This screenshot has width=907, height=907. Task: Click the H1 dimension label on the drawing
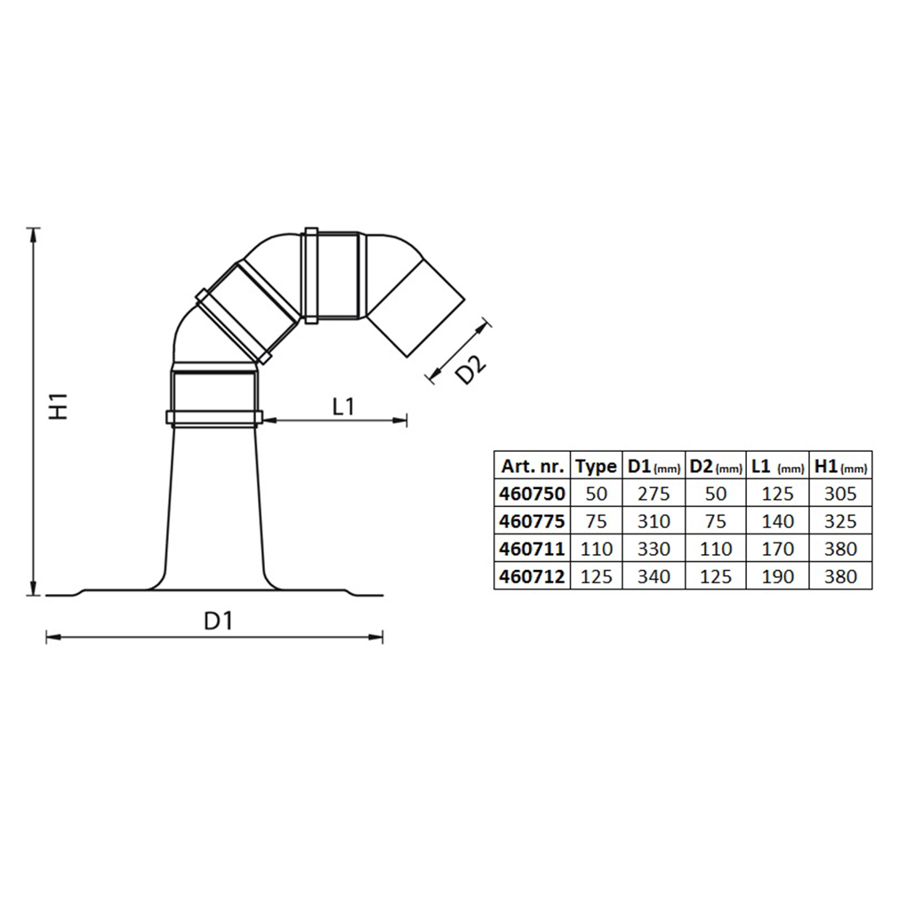[59, 406]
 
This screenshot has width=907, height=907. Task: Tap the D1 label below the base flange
[219, 622]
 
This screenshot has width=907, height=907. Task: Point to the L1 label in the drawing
[343, 406]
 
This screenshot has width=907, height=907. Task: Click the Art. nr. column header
[532, 466]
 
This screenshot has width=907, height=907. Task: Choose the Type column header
[596, 466]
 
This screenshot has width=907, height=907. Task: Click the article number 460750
[532, 494]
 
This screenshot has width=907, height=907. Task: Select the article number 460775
[532, 521]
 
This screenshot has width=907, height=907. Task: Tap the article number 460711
[532, 549]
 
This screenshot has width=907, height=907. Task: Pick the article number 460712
[532, 576]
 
